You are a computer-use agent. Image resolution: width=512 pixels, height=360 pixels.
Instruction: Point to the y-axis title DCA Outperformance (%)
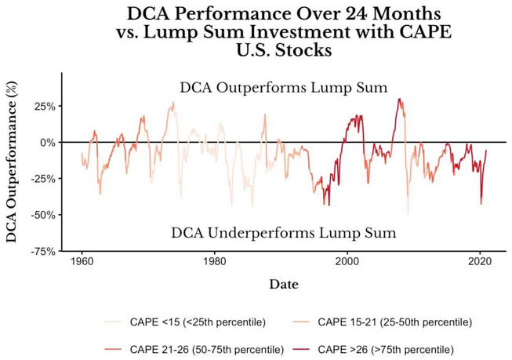tap(12, 162)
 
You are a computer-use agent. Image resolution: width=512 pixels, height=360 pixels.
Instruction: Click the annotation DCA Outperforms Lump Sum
tap(283, 88)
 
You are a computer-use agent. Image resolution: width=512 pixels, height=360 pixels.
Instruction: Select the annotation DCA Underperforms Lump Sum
tap(283, 233)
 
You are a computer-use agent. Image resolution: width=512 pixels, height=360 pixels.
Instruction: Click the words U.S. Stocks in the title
tap(283, 51)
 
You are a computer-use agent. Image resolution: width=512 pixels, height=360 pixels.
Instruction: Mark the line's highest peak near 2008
tap(399, 99)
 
